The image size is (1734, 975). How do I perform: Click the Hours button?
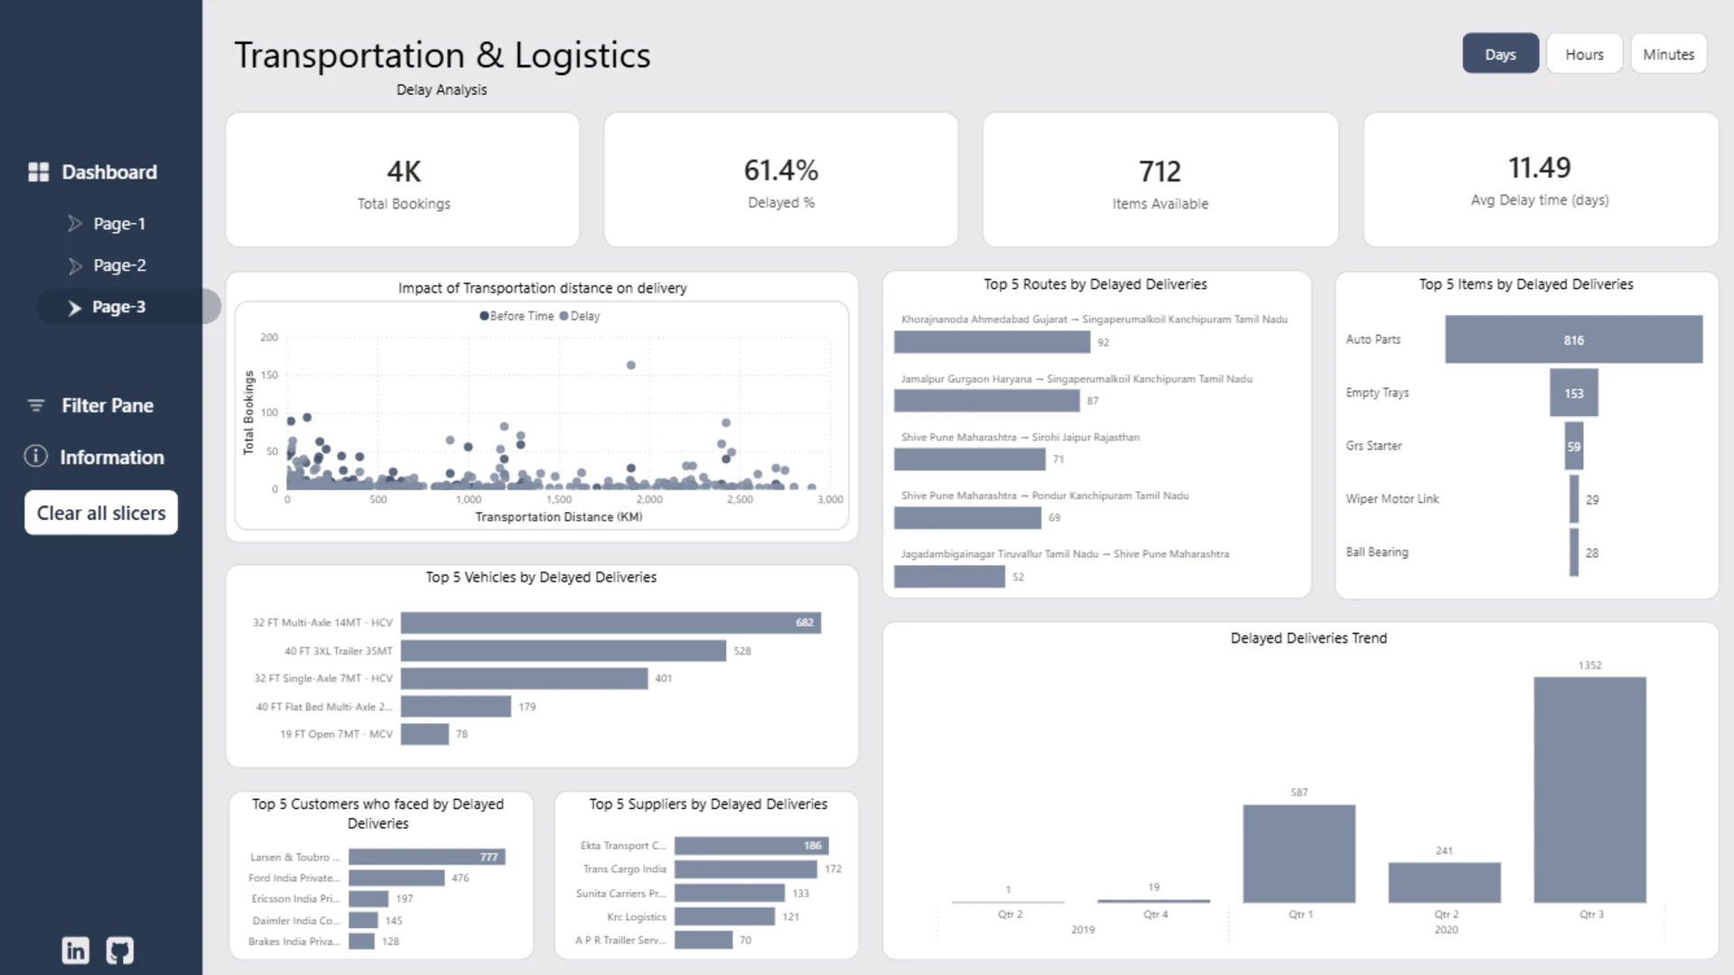click(x=1584, y=54)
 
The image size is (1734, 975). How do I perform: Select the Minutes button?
click(x=1668, y=54)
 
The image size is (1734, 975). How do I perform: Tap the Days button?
click(x=1500, y=54)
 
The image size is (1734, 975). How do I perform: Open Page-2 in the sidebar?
click(x=119, y=265)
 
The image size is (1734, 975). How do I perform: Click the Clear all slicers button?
click(x=101, y=513)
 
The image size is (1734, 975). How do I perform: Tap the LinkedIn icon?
click(x=76, y=950)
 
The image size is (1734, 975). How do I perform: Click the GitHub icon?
click(x=120, y=950)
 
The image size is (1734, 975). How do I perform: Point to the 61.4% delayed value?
click(x=781, y=170)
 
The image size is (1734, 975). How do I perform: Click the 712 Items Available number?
click(x=1160, y=172)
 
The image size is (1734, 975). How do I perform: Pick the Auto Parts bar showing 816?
click(x=1573, y=339)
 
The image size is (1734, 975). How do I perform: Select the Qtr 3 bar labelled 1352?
click(x=1589, y=790)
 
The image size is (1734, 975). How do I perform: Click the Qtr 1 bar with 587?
click(x=1299, y=854)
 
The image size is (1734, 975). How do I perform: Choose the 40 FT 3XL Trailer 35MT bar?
click(x=564, y=651)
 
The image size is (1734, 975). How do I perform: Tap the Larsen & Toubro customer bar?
click(x=427, y=857)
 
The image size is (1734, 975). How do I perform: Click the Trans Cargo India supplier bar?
click(x=746, y=869)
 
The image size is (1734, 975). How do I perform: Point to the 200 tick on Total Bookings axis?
click(x=269, y=338)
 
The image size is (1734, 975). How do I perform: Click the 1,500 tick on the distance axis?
click(x=559, y=499)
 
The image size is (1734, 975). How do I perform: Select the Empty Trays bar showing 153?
click(x=1573, y=393)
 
